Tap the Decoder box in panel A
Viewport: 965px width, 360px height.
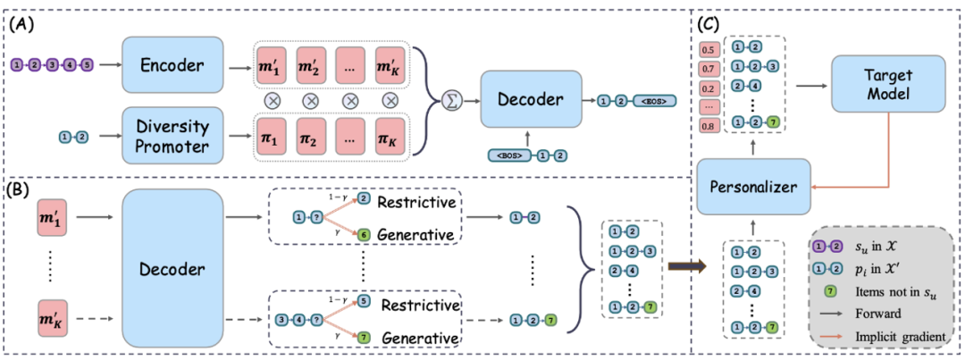click(x=531, y=99)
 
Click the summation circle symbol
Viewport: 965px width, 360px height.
click(x=452, y=100)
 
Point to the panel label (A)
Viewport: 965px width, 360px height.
click(x=22, y=25)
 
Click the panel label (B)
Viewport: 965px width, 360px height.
click(x=22, y=190)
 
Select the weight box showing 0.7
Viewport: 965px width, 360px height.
click(x=708, y=68)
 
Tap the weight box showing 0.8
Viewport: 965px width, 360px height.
click(x=708, y=126)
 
